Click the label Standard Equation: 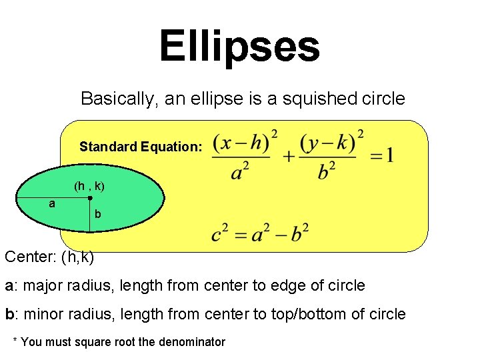[x=140, y=147]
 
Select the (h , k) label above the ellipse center [x=89, y=186]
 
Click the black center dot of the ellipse [x=90, y=198]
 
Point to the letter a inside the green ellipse [x=52, y=203]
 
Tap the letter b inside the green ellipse [x=98, y=215]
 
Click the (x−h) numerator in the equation [x=241, y=143]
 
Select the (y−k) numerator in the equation [x=327, y=143]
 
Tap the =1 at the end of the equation [x=381, y=156]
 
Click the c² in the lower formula [x=220, y=234]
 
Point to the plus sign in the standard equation [x=288, y=157]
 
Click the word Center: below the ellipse [x=30, y=257]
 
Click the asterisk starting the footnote [x=16, y=341]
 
